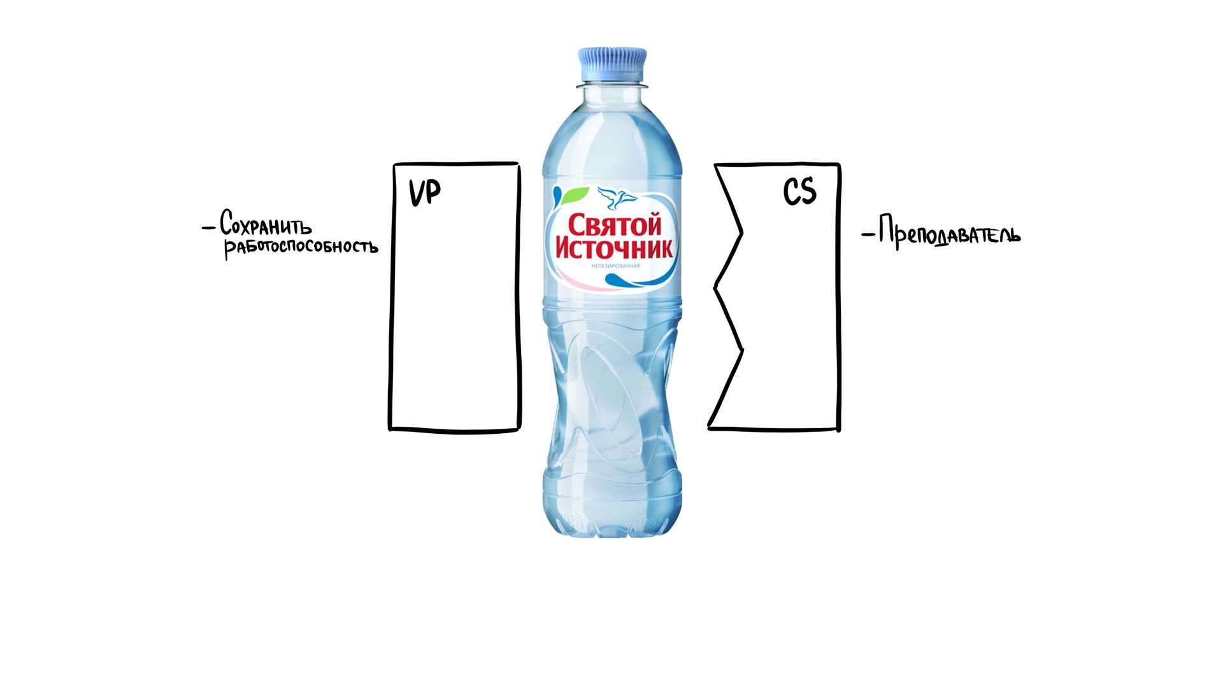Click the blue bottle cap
click(612, 64)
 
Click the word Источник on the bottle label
click(614, 248)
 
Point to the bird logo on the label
click(617, 198)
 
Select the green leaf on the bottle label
click(576, 194)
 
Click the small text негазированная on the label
click(615, 266)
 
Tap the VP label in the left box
click(424, 192)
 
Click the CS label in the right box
click(799, 191)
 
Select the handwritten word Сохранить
click(266, 224)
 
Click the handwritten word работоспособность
click(301, 247)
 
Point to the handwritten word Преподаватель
click(949, 234)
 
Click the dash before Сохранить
click(208, 227)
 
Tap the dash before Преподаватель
click(868, 235)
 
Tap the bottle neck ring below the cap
click(612, 84)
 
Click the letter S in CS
click(808, 191)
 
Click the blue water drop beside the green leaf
click(557, 194)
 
